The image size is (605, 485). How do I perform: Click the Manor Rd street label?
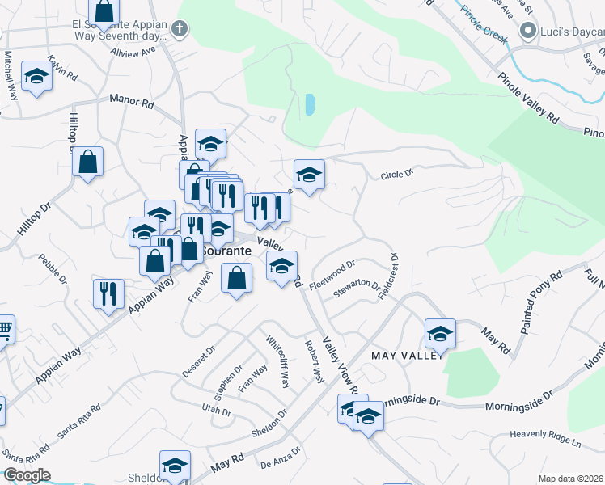(x=132, y=103)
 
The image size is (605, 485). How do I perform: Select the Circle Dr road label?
(x=397, y=173)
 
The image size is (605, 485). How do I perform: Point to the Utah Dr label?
(x=217, y=412)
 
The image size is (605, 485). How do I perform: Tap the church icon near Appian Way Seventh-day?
(x=180, y=31)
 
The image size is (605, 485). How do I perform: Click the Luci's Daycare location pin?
(x=528, y=32)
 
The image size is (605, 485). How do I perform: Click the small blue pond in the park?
(x=309, y=104)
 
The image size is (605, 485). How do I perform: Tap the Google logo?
(x=27, y=475)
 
